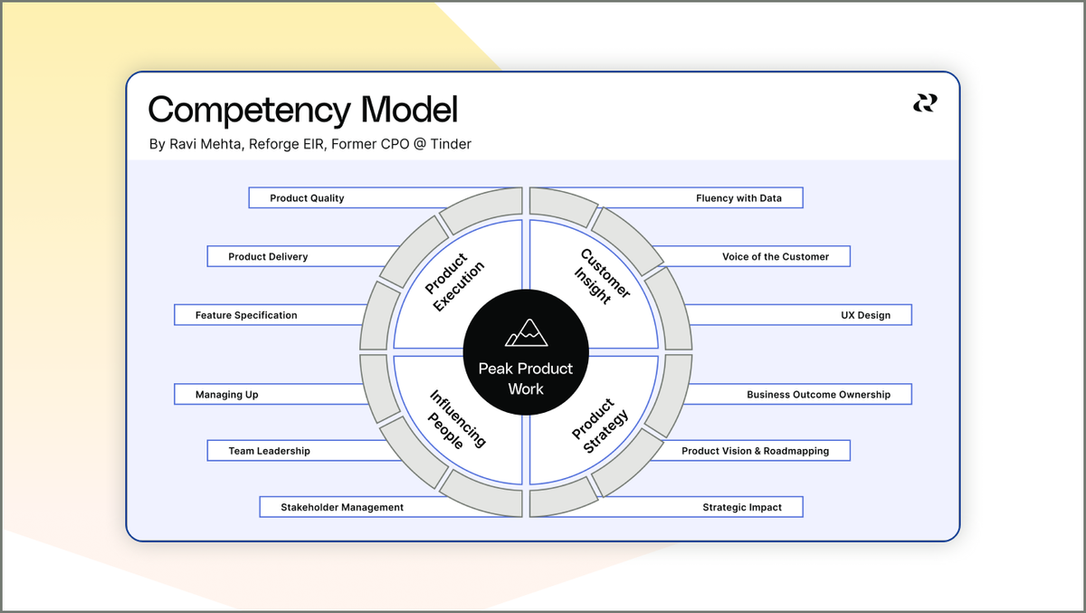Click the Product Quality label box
pos(308,198)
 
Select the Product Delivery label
pos(268,256)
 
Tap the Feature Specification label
pos(246,315)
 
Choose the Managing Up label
pos(227,395)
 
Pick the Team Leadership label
pos(269,451)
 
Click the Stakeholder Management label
pos(342,507)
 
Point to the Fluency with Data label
pos(738,198)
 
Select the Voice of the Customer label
pos(775,256)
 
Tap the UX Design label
pos(865,315)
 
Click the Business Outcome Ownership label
pos(818,395)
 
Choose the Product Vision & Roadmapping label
pos(755,451)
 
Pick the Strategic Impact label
pos(741,507)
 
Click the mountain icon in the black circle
pos(526,332)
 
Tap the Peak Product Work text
pos(526,378)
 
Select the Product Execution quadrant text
pos(455,282)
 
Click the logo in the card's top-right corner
pos(924,104)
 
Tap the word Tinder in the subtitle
pos(450,144)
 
